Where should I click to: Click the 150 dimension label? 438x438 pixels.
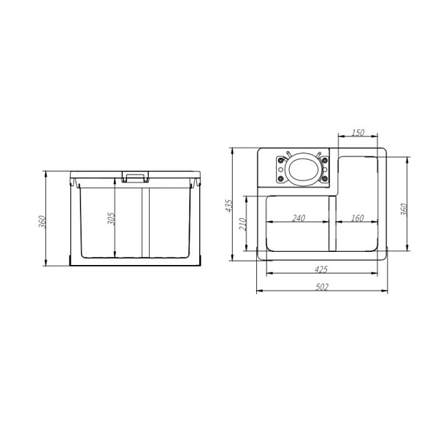click(358, 132)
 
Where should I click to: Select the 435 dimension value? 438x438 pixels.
click(229, 206)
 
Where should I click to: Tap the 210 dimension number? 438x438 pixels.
click(243, 224)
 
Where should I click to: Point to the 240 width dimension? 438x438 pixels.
click(299, 218)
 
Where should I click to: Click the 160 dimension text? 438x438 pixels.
click(357, 218)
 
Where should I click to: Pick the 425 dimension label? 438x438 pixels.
click(321, 269)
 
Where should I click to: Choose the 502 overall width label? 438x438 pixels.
click(322, 287)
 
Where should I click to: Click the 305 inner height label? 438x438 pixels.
click(112, 219)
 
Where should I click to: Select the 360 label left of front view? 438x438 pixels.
click(42, 221)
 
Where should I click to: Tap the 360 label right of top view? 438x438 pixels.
click(404, 210)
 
